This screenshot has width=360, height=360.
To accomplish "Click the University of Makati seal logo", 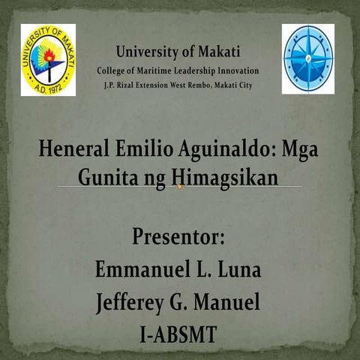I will (48, 60).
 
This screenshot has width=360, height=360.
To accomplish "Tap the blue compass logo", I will (307, 58).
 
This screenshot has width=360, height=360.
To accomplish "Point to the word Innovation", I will (235, 70).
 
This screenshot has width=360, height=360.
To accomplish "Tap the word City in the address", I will (244, 85).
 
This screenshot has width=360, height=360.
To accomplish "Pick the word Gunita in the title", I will (106, 179).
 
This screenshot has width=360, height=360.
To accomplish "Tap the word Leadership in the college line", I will (194, 70).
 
